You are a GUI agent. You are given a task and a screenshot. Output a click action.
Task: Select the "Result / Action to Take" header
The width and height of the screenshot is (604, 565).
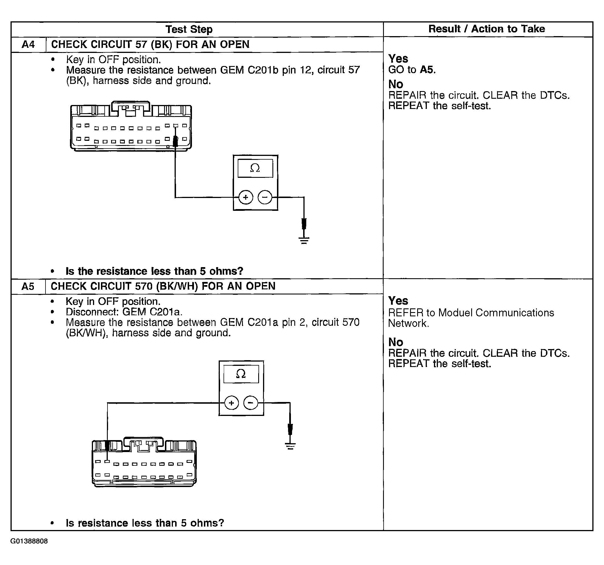[487, 29]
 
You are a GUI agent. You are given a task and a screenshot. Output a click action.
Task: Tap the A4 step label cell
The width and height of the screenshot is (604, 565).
[28, 45]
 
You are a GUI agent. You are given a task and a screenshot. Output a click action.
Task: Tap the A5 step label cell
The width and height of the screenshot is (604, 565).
[28, 286]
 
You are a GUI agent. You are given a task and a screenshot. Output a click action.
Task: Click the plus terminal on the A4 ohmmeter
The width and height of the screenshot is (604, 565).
[245, 197]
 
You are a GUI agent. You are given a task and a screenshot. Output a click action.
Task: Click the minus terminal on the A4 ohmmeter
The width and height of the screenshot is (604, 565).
[265, 197]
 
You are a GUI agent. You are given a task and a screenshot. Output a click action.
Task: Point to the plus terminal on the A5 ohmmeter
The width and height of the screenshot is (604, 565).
[231, 403]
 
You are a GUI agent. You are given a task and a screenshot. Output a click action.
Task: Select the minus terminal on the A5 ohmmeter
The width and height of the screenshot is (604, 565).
[251, 403]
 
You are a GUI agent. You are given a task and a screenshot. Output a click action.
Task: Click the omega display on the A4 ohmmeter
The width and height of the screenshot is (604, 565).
[255, 168]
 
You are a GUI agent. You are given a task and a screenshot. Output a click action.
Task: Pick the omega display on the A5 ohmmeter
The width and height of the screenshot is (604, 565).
[241, 374]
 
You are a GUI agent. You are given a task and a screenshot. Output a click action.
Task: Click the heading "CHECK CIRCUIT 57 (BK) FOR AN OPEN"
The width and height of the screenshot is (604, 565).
[150, 44]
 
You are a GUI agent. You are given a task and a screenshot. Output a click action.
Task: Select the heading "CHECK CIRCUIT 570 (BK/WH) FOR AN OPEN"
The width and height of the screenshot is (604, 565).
[163, 286]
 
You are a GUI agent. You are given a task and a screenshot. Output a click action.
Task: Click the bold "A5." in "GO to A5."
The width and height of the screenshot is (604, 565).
[427, 70]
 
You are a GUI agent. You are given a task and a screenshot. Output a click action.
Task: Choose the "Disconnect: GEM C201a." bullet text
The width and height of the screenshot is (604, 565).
[124, 312]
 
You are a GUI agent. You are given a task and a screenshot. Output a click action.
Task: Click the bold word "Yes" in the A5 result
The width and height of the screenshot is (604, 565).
[398, 301]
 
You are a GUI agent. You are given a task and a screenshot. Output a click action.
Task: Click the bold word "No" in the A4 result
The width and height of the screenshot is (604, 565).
[396, 84]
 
